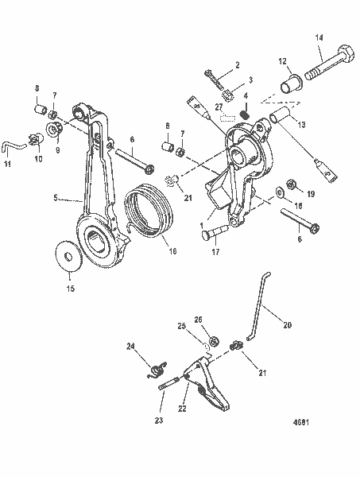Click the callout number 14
[x=319, y=37]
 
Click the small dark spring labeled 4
[x=246, y=117]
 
